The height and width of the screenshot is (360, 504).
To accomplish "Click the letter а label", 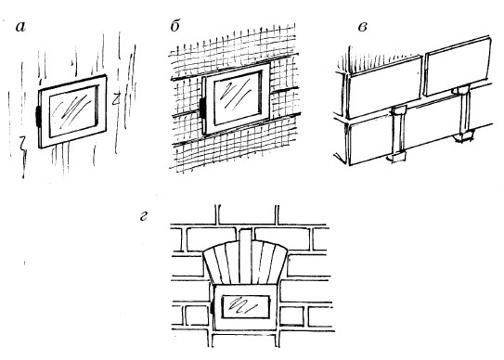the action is tap(20, 27).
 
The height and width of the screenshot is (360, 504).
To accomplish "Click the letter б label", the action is tap(175, 25).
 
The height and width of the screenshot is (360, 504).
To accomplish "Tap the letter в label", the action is tap(363, 27).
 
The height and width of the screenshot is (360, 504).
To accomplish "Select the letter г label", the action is tap(143, 216).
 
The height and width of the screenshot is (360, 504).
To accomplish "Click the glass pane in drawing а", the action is tap(73, 111).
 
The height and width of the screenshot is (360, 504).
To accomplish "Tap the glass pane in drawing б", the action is tap(238, 98).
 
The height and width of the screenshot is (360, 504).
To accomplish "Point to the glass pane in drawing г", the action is tap(245, 306).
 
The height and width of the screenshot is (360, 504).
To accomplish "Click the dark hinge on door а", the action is tap(37, 116).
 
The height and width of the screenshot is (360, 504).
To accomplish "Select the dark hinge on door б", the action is tap(203, 108).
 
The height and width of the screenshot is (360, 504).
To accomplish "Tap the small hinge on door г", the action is tap(213, 308).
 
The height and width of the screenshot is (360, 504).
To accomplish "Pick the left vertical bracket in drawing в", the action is tap(398, 133).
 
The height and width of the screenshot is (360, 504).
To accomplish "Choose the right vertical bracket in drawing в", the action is tap(463, 113).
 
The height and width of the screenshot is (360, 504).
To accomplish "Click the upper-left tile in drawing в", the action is tap(385, 87).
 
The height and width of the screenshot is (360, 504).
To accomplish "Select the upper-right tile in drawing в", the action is tap(458, 66).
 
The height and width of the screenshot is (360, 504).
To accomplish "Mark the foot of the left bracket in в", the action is tap(397, 157).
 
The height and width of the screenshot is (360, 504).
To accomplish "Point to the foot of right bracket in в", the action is tap(464, 136).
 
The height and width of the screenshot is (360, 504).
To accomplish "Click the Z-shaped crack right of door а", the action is tap(116, 99).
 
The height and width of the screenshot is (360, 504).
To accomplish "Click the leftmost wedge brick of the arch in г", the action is tap(214, 265).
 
